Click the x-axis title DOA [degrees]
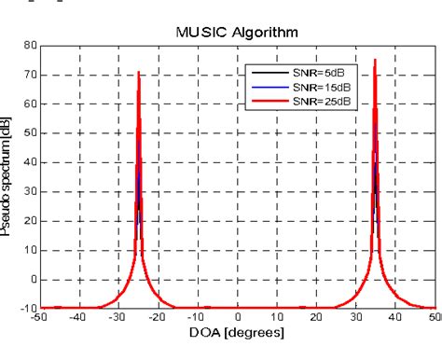238,333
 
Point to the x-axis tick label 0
239,318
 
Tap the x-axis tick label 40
397,318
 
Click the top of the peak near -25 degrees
139,71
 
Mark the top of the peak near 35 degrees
376,59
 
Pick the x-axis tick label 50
434,318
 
